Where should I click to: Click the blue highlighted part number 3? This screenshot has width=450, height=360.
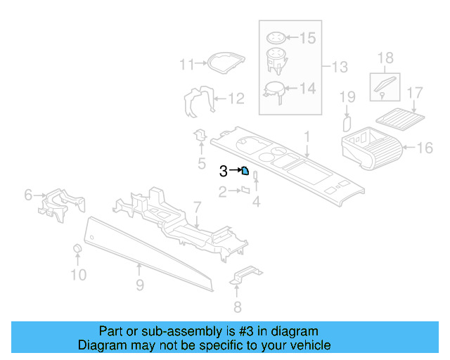245,170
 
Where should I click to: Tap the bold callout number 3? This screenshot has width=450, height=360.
224,170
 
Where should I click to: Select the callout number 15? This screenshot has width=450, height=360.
309,37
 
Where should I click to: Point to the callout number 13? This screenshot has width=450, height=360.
340,67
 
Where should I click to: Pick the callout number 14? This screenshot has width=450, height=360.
307,89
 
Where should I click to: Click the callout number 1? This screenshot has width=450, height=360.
307,135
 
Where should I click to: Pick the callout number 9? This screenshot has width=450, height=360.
140,285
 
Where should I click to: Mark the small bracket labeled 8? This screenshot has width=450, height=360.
243,276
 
